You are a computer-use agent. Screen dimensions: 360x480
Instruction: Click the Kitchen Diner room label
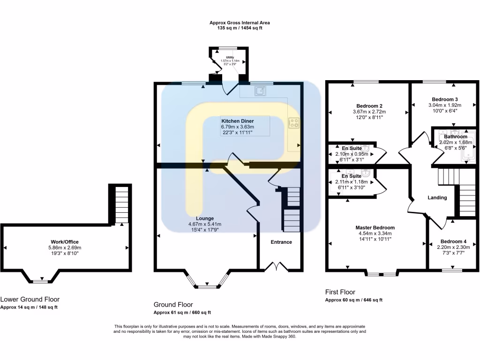238,121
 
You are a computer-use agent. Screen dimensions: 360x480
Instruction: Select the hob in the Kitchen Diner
294,123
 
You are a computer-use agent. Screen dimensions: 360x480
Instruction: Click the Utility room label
230,57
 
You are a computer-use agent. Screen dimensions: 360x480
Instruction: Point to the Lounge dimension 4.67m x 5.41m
205,224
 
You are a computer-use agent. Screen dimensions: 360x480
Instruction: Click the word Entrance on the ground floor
281,242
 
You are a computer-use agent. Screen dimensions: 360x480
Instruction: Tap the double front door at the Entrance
276,267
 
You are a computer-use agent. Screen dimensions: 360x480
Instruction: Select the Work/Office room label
65,242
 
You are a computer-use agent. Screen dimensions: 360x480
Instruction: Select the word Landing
437,197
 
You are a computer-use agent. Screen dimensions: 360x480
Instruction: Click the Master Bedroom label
375,228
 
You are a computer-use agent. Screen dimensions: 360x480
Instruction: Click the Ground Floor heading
173,305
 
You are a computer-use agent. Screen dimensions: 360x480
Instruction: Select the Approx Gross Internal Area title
240,22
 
